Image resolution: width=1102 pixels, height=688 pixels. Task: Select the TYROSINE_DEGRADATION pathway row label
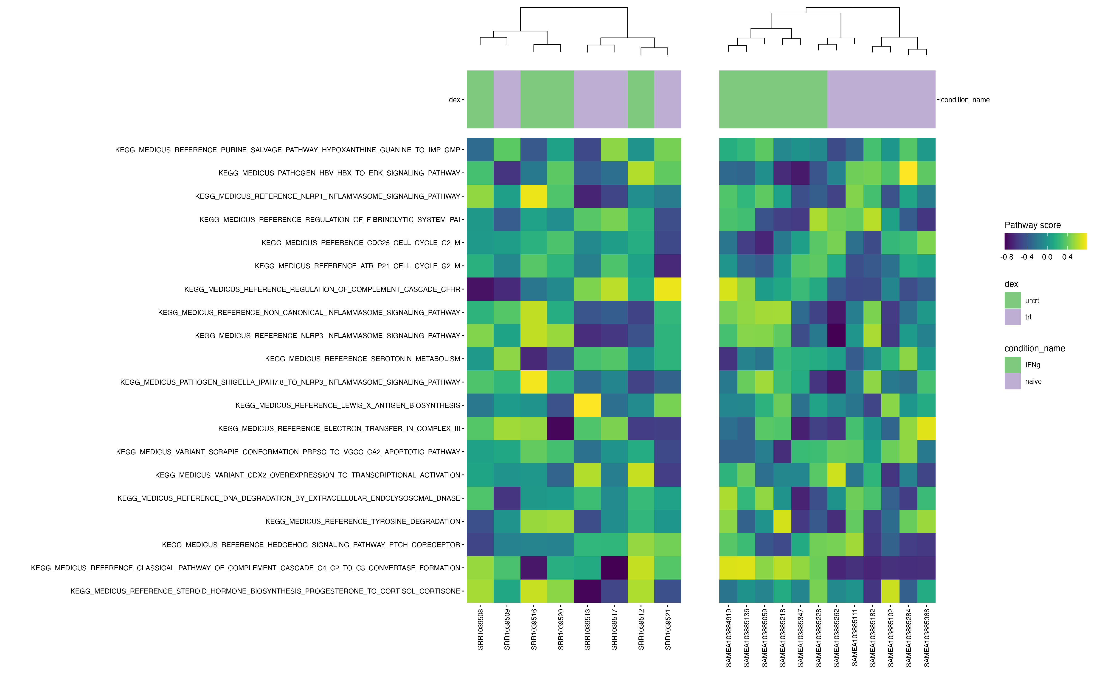pos(363,522)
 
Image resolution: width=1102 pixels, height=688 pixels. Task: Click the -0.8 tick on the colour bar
pos(1007,257)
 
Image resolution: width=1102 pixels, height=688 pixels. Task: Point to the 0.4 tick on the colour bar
pos(1067,257)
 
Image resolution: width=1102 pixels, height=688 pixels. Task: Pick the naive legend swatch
pos(1012,381)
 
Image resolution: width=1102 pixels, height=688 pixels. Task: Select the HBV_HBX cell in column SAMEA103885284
pos(908,173)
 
